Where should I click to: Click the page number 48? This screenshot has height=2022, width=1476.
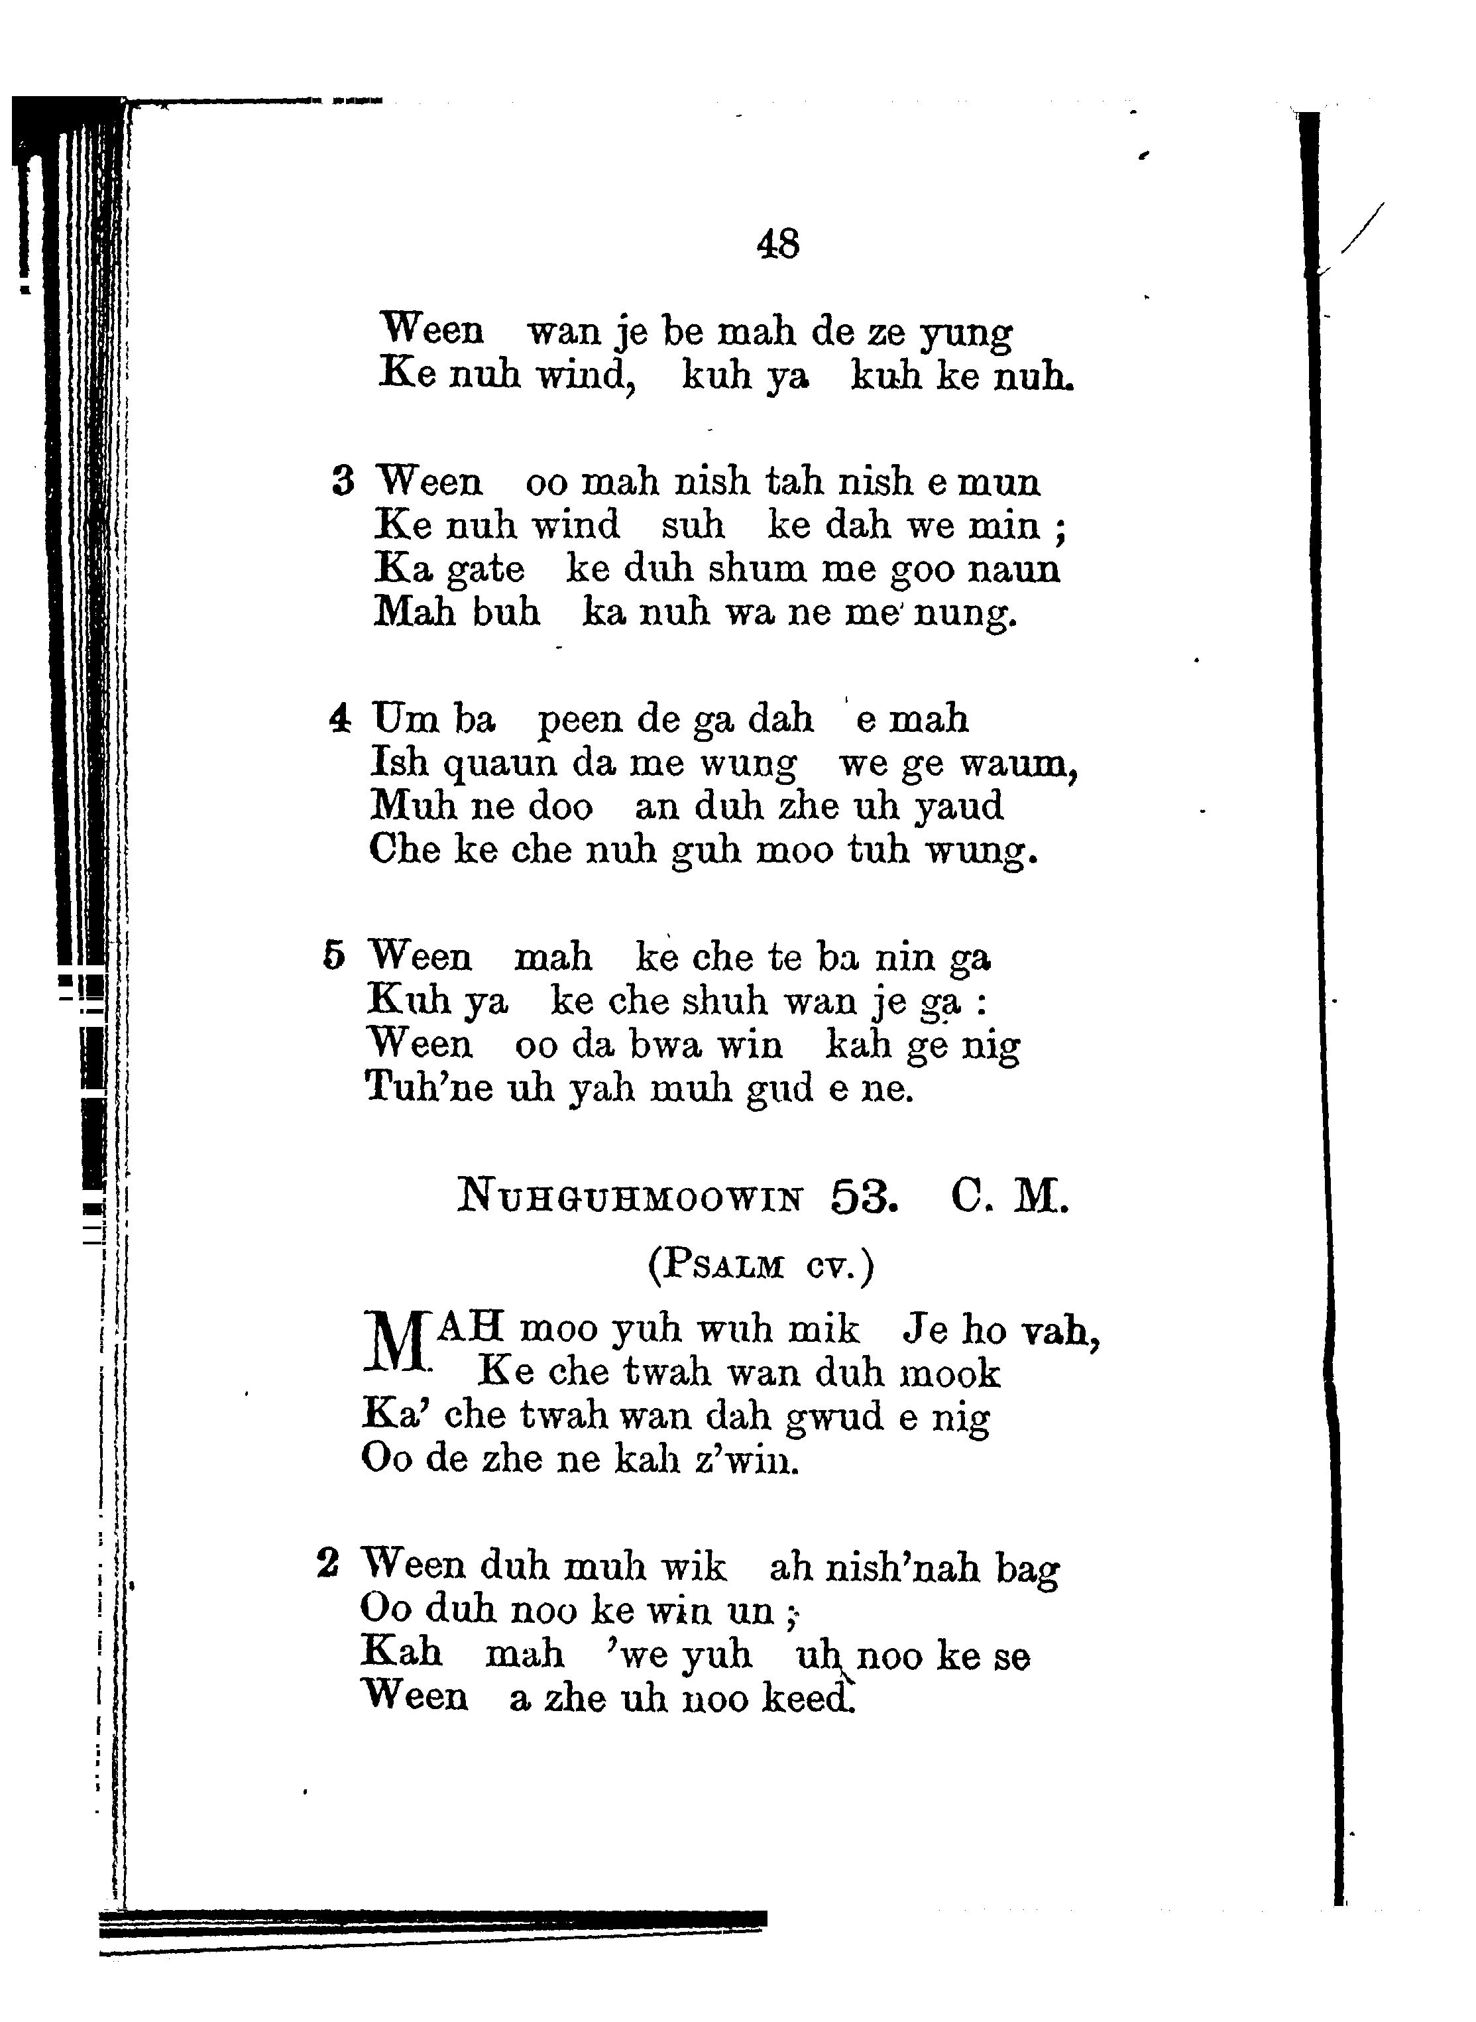click(777, 243)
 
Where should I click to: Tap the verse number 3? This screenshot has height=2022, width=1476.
click(343, 483)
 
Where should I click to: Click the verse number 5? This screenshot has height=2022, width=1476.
click(334, 956)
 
